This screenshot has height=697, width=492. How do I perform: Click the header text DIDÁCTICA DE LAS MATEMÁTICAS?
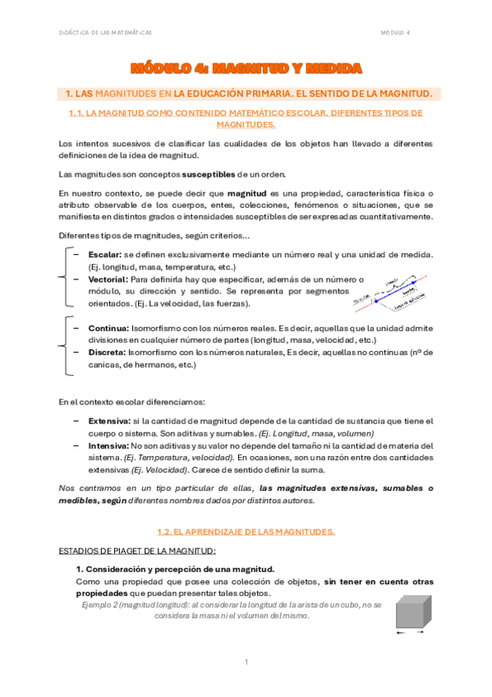coord(107,32)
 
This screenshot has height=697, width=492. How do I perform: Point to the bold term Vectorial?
coord(108,279)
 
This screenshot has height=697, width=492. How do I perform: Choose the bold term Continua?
coord(107,328)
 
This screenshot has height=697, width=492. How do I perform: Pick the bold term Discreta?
coord(106,352)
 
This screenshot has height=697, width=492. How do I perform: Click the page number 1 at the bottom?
coord(246,662)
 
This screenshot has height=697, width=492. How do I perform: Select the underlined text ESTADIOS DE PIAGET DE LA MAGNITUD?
coord(137,550)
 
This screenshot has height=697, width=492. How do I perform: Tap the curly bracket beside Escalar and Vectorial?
coord(66,279)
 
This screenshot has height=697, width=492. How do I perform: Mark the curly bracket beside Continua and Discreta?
coord(66,345)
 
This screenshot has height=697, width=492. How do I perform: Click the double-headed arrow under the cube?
coord(407,633)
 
